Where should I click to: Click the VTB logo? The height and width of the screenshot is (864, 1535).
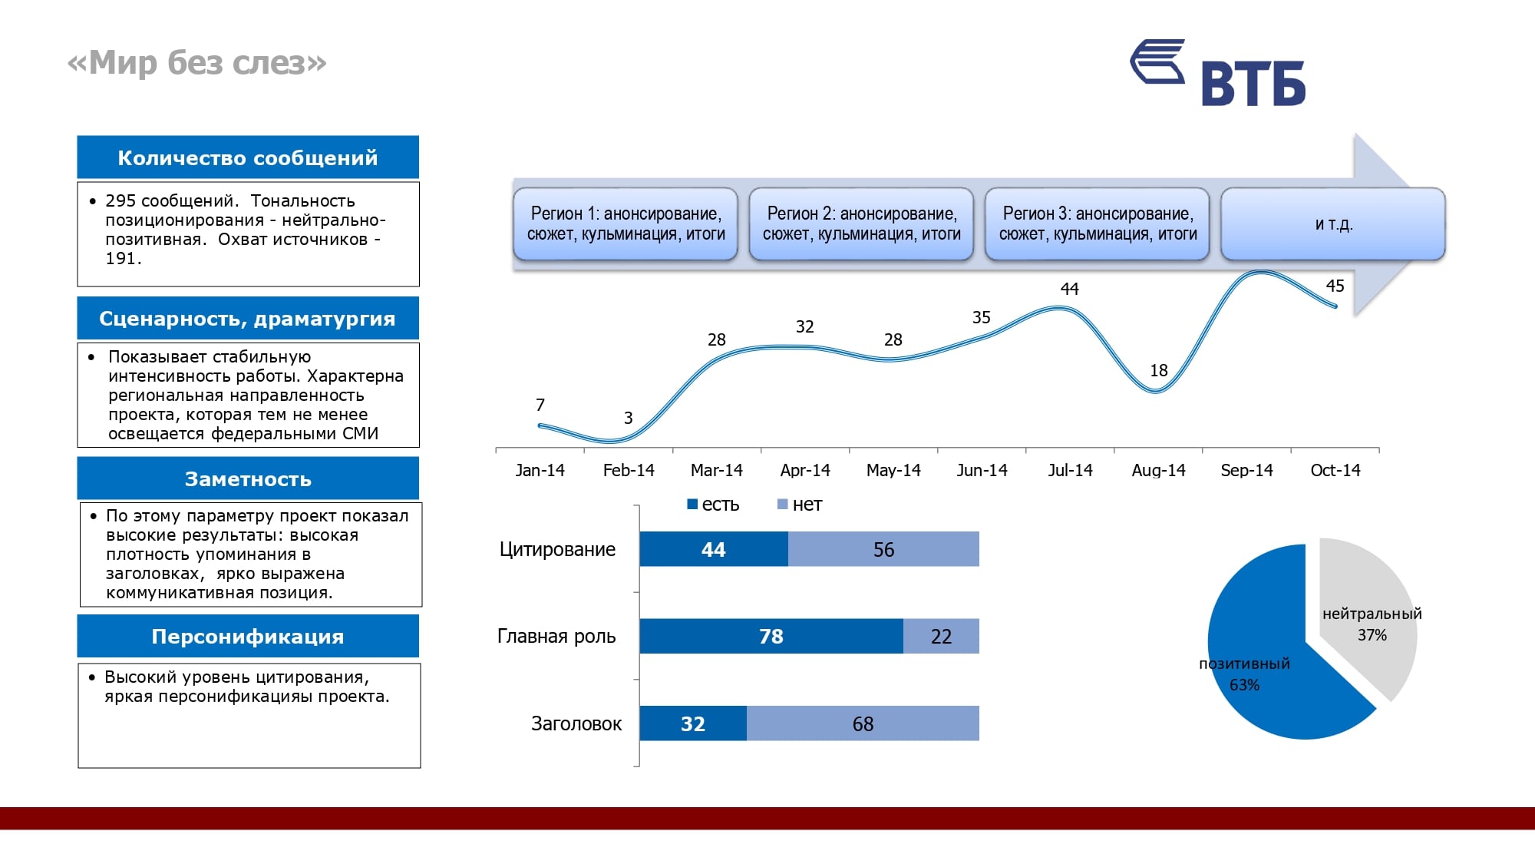coord(1218,73)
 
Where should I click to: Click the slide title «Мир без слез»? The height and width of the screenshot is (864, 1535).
coord(197,63)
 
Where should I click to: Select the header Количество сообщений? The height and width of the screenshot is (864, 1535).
coord(248,157)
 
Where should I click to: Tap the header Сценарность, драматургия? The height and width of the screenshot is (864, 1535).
coord(248,319)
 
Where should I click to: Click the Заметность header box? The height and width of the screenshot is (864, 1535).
coord(248,479)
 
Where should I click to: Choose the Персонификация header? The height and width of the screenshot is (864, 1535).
coord(248,637)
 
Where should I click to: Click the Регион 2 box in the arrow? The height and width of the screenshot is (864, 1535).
coord(861,223)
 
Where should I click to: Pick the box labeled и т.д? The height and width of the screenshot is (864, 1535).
coord(1333,223)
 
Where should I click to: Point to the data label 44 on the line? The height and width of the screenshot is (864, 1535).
coord(1069,289)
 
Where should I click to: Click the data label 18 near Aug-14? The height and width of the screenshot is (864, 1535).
coord(1158,370)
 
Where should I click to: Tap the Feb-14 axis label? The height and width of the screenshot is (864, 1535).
coord(629,470)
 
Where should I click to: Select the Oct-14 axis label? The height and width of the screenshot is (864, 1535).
coord(1335,470)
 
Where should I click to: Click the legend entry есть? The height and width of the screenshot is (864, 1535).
coord(713,505)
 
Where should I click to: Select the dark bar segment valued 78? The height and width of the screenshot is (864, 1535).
coord(771,636)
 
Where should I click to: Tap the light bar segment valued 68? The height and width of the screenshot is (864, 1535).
coord(863,723)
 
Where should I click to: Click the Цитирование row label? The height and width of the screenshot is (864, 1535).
coord(557,549)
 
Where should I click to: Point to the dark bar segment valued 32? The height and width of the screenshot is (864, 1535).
coord(692,723)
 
